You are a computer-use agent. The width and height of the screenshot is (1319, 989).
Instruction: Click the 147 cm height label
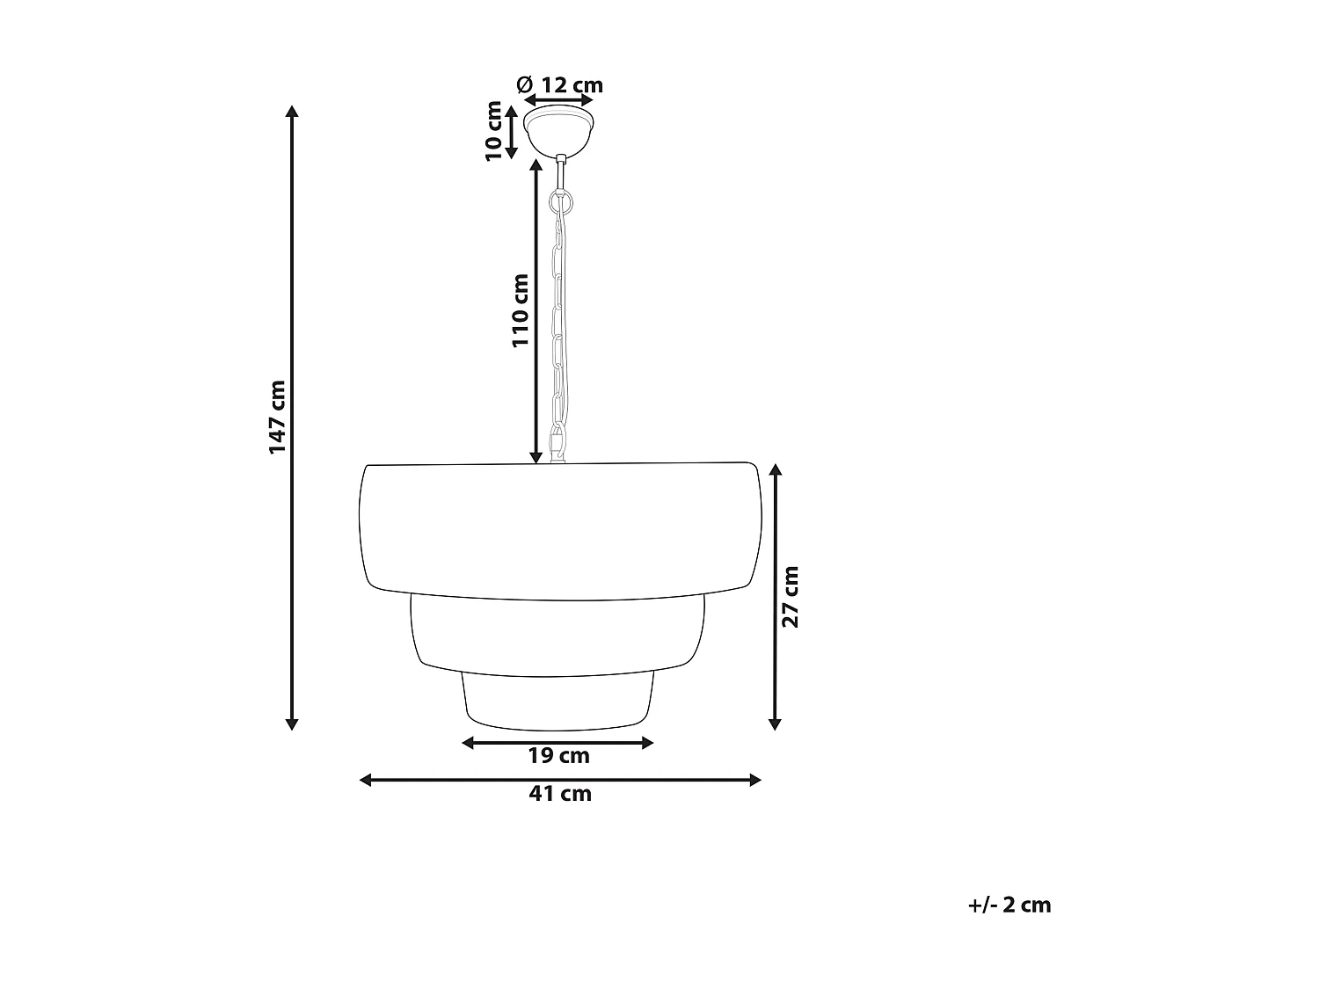click(x=278, y=417)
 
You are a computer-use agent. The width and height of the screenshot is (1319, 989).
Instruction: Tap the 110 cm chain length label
click(x=521, y=310)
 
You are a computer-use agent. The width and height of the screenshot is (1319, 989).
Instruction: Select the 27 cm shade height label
click(x=791, y=596)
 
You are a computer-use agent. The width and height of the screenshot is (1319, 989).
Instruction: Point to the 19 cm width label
click(x=558, y=756)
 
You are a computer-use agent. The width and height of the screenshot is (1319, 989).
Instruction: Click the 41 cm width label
click(x=560, y=794)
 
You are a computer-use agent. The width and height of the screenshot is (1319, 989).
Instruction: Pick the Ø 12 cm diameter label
click(x=560, y=85)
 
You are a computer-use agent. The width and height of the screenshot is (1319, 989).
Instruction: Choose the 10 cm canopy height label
click(x=494, y=130)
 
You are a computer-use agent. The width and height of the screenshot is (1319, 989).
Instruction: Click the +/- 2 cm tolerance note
click(x=1009, y=905)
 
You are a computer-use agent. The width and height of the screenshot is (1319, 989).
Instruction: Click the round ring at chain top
click(x=560, y=203)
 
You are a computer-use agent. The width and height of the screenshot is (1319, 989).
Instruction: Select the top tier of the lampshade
click(x=559, y=527)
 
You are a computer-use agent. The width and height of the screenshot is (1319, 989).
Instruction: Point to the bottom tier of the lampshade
click(x=558, y=701)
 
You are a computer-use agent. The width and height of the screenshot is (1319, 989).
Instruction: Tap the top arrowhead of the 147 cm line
click(x=293, y=112)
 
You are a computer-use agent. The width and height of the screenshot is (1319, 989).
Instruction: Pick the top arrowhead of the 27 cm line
click(x=775, y=471)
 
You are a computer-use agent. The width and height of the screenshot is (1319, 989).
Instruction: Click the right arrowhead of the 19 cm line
click(x=648, y=743)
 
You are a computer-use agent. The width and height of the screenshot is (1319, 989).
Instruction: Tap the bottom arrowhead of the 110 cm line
click(x=536, y=456)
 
